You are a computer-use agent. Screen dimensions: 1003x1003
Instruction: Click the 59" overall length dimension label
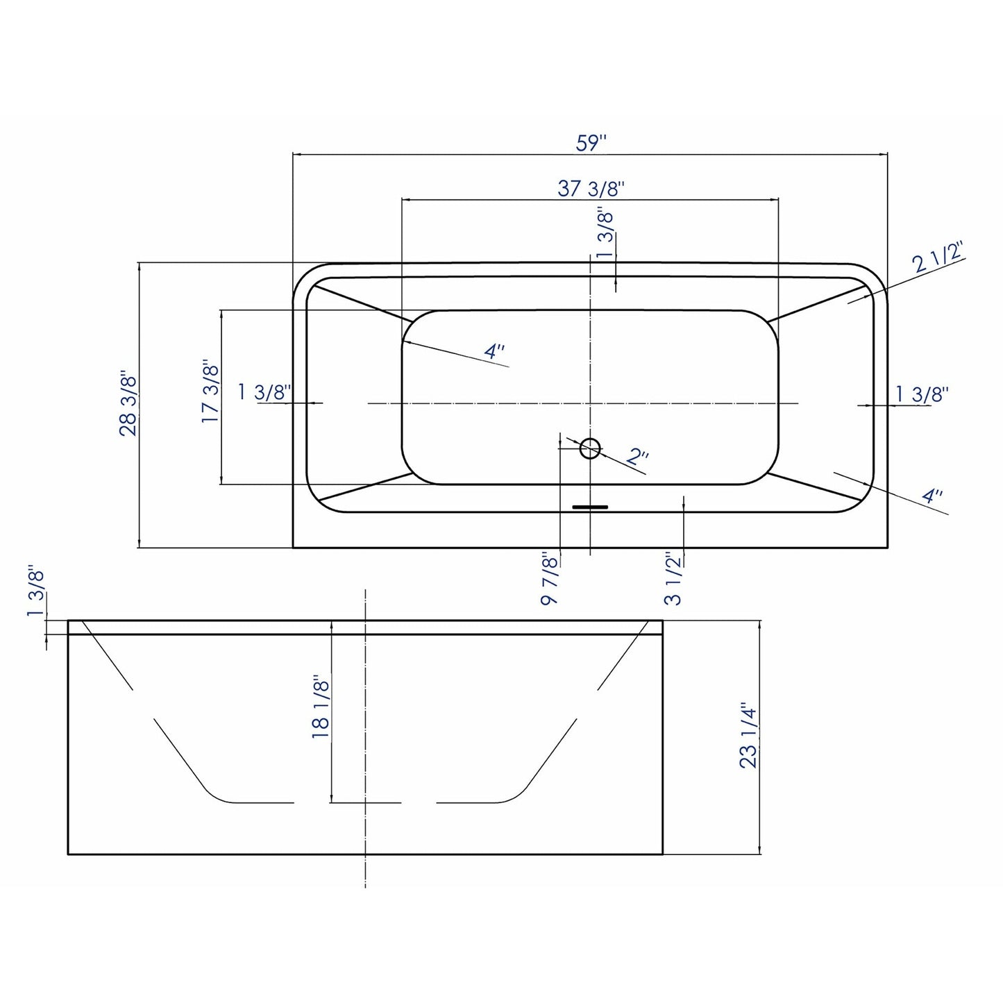[x=591, y=143]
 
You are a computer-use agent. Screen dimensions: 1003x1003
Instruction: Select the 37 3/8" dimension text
[x=591, y=188]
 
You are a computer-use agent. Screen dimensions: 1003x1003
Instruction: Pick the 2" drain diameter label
[x=638, y=457]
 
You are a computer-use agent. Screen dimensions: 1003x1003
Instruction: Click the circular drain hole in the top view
[x=590, y=448]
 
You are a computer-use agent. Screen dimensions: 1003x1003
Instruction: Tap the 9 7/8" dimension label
[x=550, y=580]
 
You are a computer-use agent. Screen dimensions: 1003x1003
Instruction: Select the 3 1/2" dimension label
[x=673, y=580]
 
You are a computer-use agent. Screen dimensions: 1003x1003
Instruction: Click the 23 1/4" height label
[x=748, y=736]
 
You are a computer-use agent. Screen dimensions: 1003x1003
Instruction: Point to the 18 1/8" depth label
[x=321, y=707]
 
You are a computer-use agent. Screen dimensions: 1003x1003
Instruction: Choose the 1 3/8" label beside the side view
[x=36, y=593]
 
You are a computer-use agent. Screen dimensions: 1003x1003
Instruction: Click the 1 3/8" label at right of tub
[x=922, y=394]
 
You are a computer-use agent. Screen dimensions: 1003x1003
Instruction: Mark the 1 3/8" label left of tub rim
[x=264, y=392]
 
